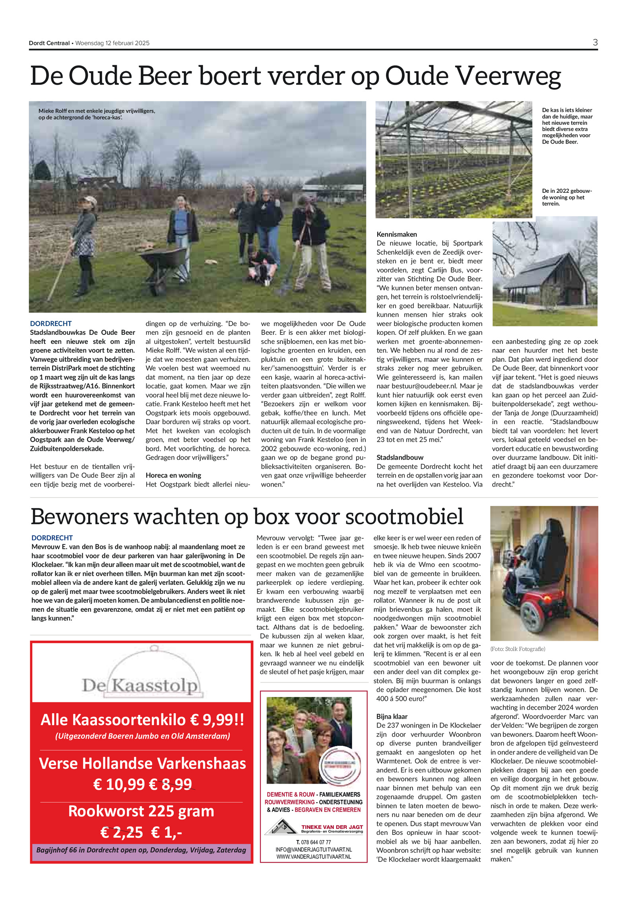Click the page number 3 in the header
[595, 43]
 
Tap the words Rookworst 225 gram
[141, 811]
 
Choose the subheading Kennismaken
[397, 234]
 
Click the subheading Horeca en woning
[173, 475]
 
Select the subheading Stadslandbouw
[400, 457]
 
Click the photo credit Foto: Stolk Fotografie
[518, 649]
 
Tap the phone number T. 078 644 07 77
[314, 842]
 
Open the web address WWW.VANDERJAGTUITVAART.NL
[314, 857]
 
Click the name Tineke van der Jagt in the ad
[332, 827]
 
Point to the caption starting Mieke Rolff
[97, 114]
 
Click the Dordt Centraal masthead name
[49, 43]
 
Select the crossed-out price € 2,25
[122, 832]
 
